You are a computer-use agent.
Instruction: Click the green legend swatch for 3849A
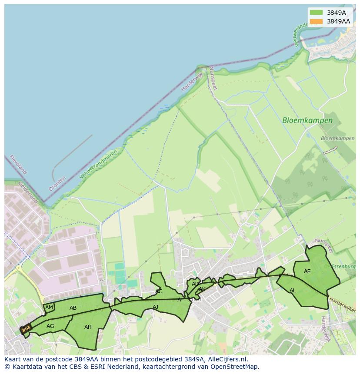316,13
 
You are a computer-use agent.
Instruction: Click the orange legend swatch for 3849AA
316,21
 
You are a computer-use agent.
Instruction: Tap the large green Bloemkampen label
307,121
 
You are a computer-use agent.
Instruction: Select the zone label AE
307,271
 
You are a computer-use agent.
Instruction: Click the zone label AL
293,291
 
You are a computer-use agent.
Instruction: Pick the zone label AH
88,327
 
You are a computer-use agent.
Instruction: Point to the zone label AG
50,326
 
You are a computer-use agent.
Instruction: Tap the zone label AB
73,308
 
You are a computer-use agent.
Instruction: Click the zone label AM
49,308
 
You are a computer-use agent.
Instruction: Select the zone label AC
159,291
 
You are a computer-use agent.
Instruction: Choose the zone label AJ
155,307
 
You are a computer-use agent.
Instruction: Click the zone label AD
195,284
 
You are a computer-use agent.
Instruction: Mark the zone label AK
202,289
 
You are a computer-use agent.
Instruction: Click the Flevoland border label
18,165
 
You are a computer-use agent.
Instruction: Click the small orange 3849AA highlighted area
26,329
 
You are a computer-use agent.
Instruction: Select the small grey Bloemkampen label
337,139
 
